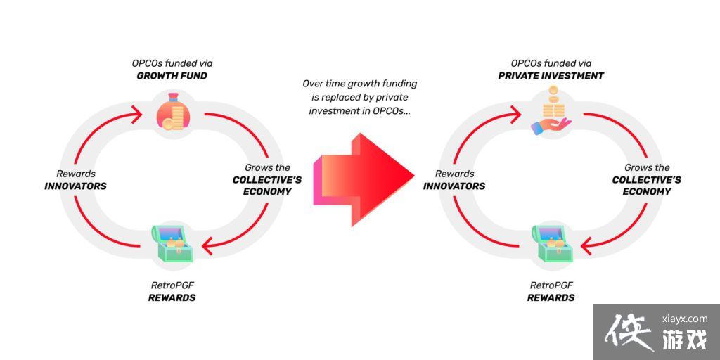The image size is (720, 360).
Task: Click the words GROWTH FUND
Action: (172, 75)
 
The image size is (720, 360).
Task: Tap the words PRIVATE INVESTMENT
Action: (551, 75)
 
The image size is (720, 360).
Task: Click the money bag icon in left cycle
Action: (172, 114)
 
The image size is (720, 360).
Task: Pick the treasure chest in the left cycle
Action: (172, 243)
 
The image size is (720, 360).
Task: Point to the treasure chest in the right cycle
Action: (552, 243)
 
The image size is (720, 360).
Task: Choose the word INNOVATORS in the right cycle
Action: (454, 186)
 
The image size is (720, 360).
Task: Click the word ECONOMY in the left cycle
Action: (268, 191)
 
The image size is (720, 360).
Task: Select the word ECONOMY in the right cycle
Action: (647, 191)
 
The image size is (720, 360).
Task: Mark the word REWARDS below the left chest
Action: (172, 297)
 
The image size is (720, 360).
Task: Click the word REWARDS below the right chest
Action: (551, 297)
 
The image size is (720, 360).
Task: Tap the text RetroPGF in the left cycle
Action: (172, 285)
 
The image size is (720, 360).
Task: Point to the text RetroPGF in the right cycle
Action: (551, 285)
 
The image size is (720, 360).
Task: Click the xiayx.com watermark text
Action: (680, 318)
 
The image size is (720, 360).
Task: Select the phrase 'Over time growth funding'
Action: (359, 84)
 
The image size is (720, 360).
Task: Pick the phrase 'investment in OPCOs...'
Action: (359, 111)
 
